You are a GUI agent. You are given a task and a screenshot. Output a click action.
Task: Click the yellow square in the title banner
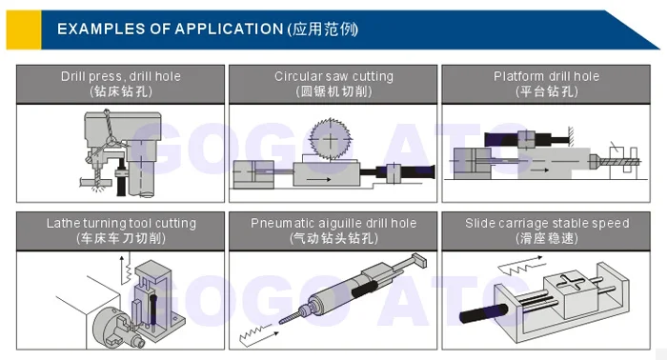coord(24,30)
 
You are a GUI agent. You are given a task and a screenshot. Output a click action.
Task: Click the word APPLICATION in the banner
coord(229,29)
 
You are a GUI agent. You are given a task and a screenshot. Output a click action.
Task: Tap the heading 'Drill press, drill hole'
coord(121,76)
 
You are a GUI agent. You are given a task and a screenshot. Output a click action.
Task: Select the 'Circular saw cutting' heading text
coord(333,76)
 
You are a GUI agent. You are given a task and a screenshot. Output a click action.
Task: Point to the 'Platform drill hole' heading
coord(547,76)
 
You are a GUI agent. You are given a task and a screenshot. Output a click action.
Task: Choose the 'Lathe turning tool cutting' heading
coord(121,223)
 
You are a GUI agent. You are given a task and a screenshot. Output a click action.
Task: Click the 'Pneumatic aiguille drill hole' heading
coord(333,223)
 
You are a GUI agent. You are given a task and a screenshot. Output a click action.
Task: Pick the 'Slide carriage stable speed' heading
coord(547,223)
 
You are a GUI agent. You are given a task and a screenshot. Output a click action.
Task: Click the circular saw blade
coord(331,139)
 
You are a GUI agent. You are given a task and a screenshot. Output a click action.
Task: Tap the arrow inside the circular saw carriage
coord(318,179)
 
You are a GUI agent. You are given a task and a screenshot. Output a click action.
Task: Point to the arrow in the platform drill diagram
coord(540,170)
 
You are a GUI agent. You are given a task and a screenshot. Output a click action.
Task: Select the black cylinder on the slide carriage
coord(484,312)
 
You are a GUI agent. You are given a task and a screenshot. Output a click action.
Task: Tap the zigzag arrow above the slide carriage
coord(521,265)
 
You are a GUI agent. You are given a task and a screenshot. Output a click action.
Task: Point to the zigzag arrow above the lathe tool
coord(125,270)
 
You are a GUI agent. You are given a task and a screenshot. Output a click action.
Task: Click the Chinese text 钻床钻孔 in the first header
coord(121,91)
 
